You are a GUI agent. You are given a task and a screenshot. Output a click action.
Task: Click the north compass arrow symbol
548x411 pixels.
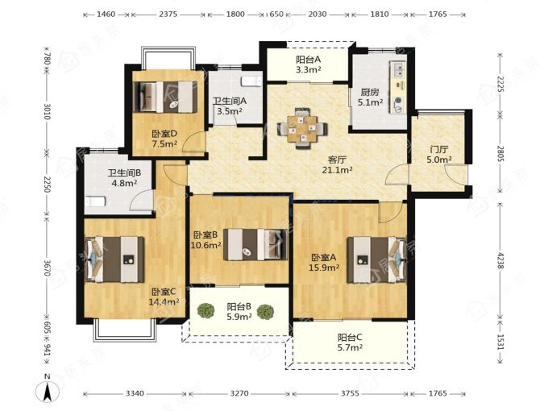[48, 391]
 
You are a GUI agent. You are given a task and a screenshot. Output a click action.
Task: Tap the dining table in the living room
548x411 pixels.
[303, 129]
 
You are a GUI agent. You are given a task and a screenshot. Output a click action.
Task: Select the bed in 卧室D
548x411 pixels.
[165, 97]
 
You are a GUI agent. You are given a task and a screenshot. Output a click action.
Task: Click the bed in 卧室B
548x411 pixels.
[255, 244]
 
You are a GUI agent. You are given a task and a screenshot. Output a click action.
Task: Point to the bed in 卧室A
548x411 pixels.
[376, 260]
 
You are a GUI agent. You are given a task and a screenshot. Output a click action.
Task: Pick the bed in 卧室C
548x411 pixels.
[115, 259]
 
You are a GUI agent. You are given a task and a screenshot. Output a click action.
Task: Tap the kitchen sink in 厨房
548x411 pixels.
[398, 69]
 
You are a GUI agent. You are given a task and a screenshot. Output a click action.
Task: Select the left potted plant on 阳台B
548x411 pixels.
[205, 311]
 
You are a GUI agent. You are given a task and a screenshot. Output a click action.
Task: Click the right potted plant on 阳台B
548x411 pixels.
[265, 312]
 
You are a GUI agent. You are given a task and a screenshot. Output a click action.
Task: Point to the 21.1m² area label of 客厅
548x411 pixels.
[337, 171]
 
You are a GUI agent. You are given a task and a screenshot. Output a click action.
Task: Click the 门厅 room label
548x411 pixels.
[439, 150]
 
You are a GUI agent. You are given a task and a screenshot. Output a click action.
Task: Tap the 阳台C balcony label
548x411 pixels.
[350, 338]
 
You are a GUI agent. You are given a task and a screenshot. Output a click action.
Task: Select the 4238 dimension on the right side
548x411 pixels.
[500, 260]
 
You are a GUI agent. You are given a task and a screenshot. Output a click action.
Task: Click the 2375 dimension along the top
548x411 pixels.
[168, 15]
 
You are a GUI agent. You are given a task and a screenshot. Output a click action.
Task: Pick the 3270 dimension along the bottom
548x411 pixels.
[239, 393]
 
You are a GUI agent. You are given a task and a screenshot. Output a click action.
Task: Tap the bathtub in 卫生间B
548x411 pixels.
[95, 201]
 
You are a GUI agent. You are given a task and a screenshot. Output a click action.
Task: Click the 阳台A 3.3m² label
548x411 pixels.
[308, 64]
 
